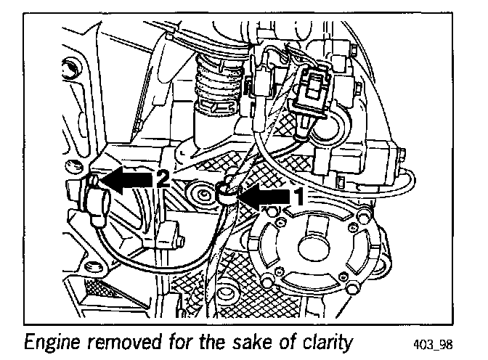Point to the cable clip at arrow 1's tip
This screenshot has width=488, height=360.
click(x=227, y=193)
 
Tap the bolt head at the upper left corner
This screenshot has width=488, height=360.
click(x=70, y=70)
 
